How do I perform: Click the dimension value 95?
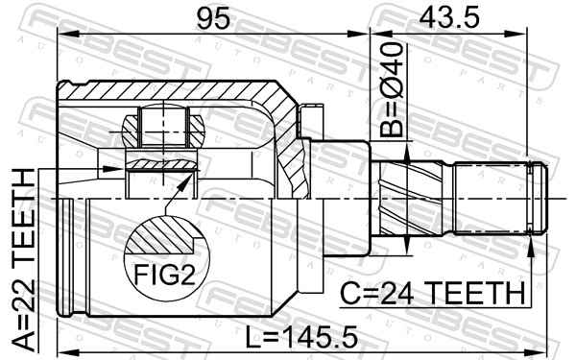pyautogui.click(x=213, y=18)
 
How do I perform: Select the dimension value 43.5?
pyautogui.click(x=449, y=18)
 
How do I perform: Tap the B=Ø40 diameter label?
pyautogui.click(x=391, y=89)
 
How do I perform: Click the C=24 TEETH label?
pyautogui.click(x=432, y=294)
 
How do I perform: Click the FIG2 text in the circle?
pyautogui.click(x=164, y=275)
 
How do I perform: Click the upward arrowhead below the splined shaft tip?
pyautogui.click(x=530, y=247)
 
